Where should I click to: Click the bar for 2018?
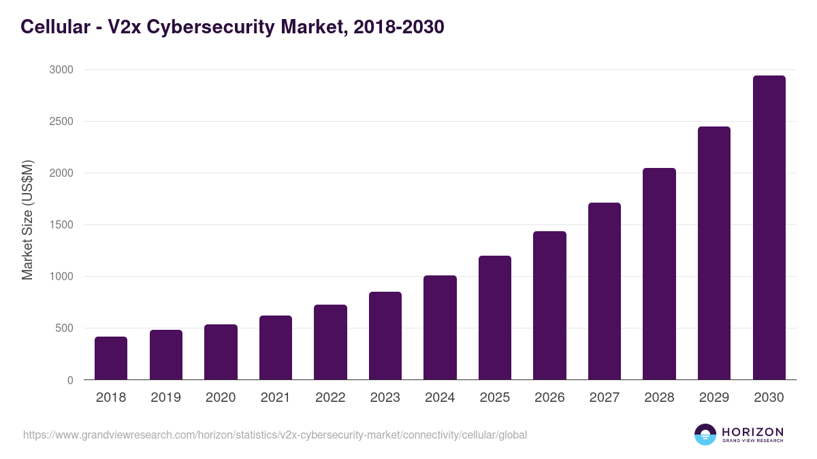[x=111, y=358]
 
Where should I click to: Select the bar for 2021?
[x=276, y=347]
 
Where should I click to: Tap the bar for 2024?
[x=440, y=328]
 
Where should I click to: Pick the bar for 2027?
[x=605, y=291]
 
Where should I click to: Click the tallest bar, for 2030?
[x=769, y=228]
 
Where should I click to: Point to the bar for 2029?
[x=714, y=253]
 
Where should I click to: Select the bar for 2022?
[x=330, y=342]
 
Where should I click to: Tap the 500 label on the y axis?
[x=64, y=328]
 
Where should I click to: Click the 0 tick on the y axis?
[x=70, y=380]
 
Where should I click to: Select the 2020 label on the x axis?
[x=221, y=398]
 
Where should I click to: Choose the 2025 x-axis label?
[x=495, y=398]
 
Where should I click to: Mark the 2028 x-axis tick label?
[x=659, y=398]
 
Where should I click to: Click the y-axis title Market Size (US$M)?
[x=27, y=220]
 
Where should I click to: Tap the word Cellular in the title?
[x=54, y=27]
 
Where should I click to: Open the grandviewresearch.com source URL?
[x=275, y=435]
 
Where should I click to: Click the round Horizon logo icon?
[x=705, y=435]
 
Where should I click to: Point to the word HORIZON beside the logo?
[x=752, y=431]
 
